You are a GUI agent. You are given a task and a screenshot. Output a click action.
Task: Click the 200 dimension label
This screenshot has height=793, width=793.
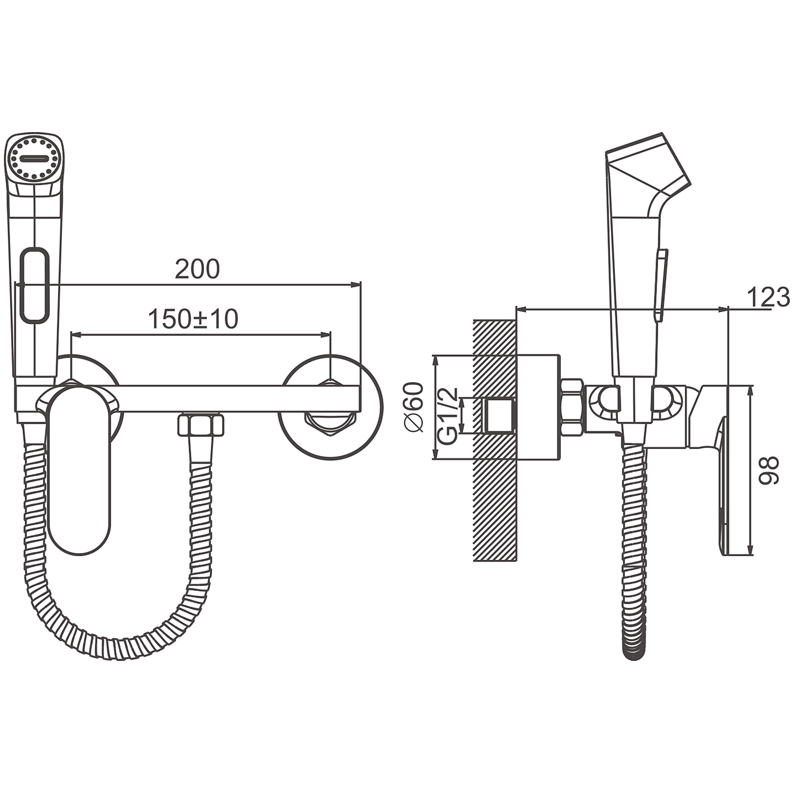click(197, 269)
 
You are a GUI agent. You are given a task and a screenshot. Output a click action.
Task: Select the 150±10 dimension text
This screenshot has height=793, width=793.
click(193, 319)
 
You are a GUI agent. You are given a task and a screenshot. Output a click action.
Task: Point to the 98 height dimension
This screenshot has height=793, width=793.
click(769, 471)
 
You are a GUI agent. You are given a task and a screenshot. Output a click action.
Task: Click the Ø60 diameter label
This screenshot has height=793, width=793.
click(414, 407)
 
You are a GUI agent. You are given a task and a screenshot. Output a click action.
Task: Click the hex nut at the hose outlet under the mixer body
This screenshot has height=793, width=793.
click(201, 425)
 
